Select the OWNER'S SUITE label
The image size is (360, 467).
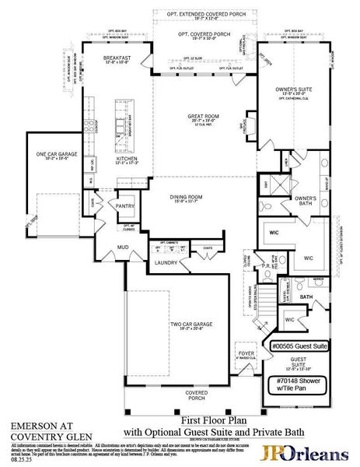296,90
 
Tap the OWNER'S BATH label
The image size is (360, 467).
304,199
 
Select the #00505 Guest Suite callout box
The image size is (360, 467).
299,344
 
